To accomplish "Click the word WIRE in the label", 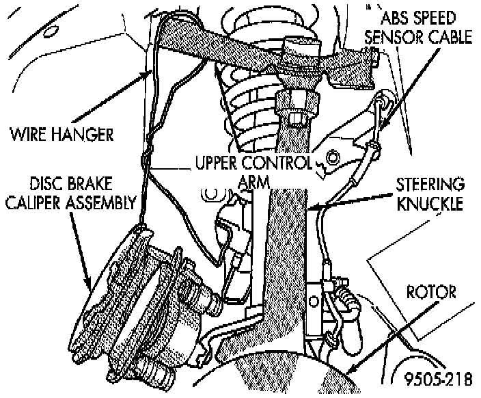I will click(26, 133).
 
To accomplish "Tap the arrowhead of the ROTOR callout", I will click(348, 373).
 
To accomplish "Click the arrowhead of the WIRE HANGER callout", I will click(152, 70).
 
